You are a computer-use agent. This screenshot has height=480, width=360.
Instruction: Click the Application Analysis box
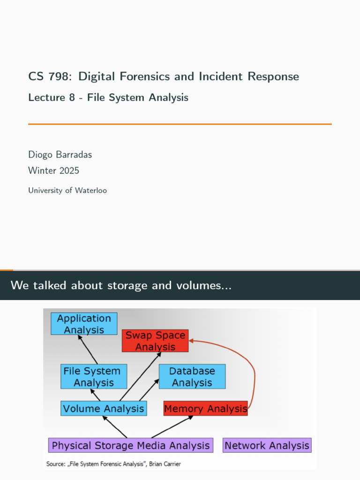pos(84,323)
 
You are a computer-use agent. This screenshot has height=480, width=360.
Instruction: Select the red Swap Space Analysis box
pos(155,341)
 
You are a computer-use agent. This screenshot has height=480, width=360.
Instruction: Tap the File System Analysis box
pos(94,376)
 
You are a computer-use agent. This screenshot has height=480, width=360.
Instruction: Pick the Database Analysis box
pos(192,376)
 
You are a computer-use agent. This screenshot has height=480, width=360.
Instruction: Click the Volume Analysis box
pos(104,408)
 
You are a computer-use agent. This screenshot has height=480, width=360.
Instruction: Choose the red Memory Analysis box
pos(206,408)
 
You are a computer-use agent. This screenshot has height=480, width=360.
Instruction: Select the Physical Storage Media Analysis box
pos(131,445)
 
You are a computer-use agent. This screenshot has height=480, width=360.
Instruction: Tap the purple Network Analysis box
pos(267,445)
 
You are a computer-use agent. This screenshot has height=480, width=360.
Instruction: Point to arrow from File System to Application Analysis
pos(88,349)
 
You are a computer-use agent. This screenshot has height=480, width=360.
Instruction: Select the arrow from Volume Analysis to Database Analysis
pos(150,390)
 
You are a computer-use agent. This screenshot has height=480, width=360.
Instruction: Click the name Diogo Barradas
pos(60,155)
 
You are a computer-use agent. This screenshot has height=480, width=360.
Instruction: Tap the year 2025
pos(71,171)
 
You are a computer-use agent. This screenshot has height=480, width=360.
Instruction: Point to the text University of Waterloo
pos(67,190)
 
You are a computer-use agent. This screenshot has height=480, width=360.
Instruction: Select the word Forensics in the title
pos(145,76)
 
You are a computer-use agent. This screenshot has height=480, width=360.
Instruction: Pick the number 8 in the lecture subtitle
pos(72,97)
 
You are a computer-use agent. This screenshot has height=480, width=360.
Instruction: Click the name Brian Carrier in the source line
pos(165,464)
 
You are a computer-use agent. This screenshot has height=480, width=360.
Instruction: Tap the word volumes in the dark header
pos(203,285)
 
